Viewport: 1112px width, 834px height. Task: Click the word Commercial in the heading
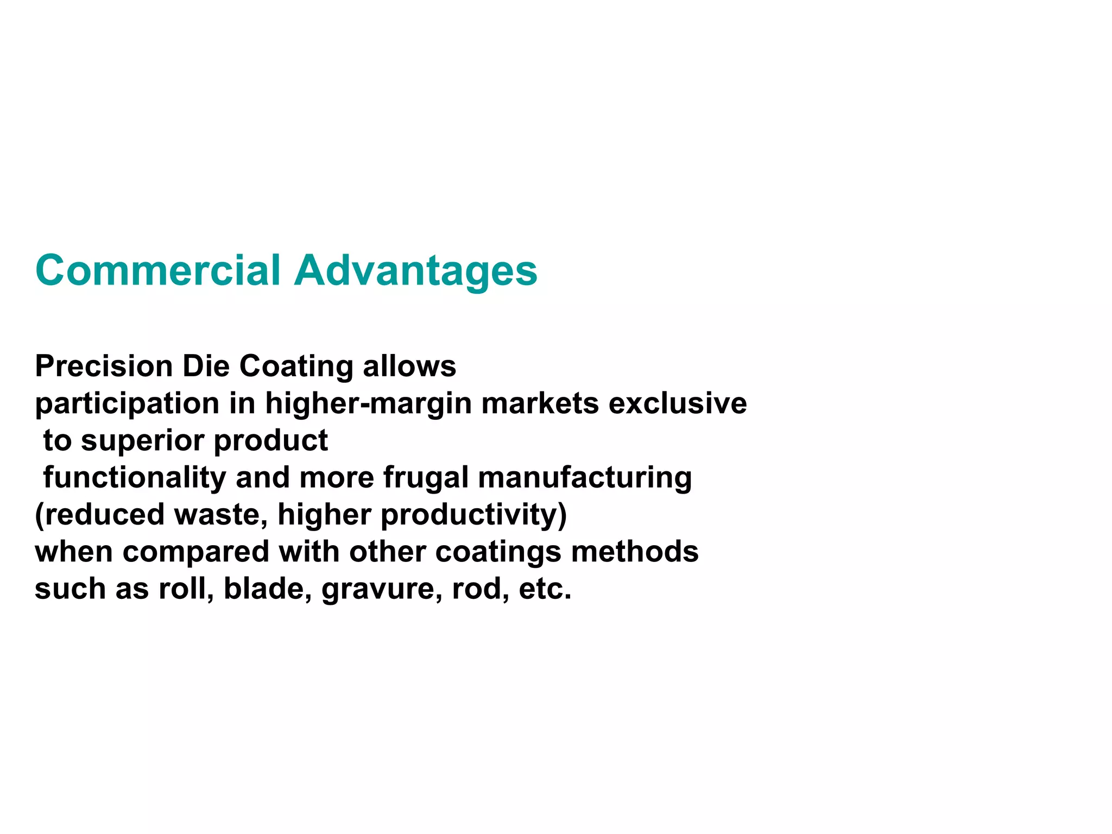point(157,270)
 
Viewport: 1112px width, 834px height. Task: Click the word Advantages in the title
point(415,271)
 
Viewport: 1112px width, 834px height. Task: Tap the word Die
point(206,366)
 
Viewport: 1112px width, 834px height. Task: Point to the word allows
point(409,366)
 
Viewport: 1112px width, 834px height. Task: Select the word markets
point(540,403)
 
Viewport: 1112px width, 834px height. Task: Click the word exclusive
point(678,403)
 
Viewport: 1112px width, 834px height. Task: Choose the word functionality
point(134,478)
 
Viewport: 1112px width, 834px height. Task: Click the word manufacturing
point(585,478)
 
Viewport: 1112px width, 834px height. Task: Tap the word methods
point(635,552)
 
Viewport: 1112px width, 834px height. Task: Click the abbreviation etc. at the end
point(545,589)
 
